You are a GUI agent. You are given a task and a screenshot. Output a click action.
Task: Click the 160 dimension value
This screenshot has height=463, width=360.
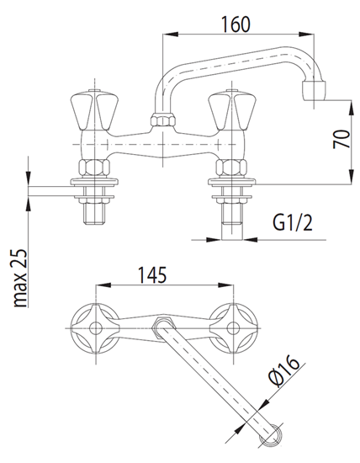pos(236,24)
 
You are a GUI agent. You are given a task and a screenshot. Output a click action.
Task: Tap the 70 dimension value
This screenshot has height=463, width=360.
pos(341,139)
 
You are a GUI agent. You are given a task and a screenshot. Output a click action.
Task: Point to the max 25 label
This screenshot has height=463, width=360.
pos(20,278)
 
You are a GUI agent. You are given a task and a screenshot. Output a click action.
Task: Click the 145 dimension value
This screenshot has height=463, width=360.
pos(152,275)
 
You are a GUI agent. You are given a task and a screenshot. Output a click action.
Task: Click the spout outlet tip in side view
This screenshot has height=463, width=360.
pos(315,91)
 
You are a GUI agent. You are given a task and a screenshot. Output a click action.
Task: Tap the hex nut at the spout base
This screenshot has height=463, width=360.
pos(163,120)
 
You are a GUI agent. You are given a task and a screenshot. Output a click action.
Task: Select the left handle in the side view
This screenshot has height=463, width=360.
pos(94,110)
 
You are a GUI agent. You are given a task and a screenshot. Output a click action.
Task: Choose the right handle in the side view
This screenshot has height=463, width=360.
pos(232,110)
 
